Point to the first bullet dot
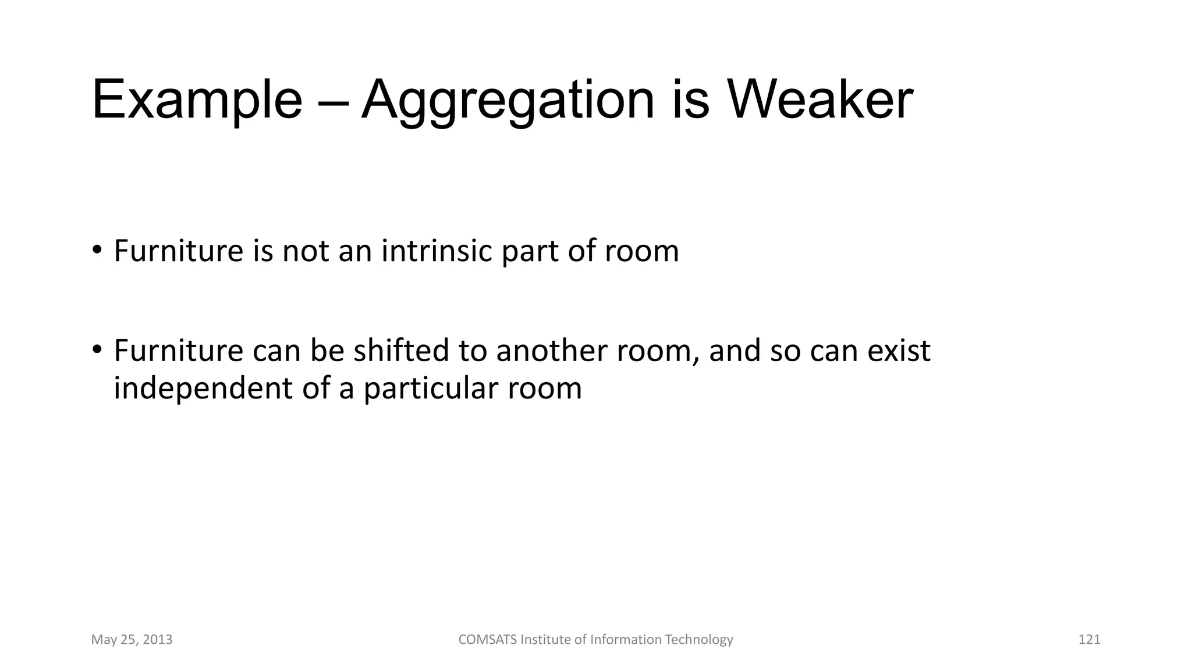coord(97,251)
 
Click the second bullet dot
coord(97,350)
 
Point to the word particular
coord(431,389)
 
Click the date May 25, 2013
coord(132,640)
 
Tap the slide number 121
coord(1089,640)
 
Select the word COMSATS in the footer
coord(487,640)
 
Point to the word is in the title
coord(691,100)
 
